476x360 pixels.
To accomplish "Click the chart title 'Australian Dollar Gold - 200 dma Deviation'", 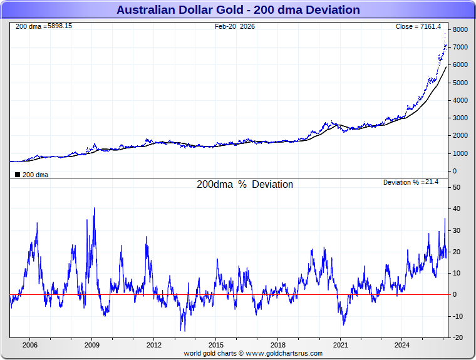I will pos(238,9).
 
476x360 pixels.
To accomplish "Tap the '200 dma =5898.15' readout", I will pos(43,26).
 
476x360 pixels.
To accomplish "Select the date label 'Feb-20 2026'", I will pos(235,26).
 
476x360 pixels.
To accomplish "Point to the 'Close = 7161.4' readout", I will pos(418,26).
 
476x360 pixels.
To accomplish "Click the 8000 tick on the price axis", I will pos(460,29).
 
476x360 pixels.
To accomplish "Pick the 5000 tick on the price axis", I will pos(460,83).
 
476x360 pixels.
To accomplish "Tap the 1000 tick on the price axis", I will pos(460,153).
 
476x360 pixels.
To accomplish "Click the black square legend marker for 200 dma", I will pos(18,175).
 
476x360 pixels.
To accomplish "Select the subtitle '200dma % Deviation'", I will pos(245,185).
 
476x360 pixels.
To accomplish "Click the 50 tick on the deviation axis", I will pos(457,187).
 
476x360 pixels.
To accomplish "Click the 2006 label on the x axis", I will pos(30,345).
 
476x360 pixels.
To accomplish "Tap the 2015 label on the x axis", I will pos(216,345).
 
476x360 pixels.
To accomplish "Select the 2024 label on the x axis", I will pos(403,345).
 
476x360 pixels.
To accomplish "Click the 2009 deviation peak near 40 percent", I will pos(94,208).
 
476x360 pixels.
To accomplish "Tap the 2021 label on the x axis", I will pos(341,345).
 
